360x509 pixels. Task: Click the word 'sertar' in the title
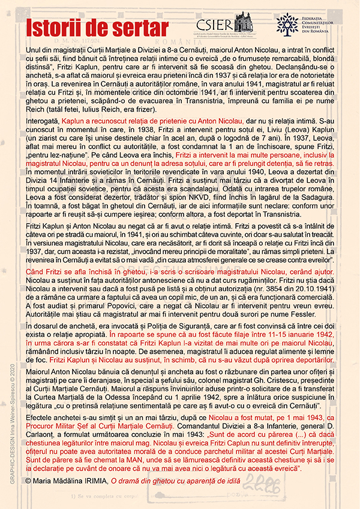click(142, 28)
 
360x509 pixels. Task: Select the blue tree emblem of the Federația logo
click(287, 23)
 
